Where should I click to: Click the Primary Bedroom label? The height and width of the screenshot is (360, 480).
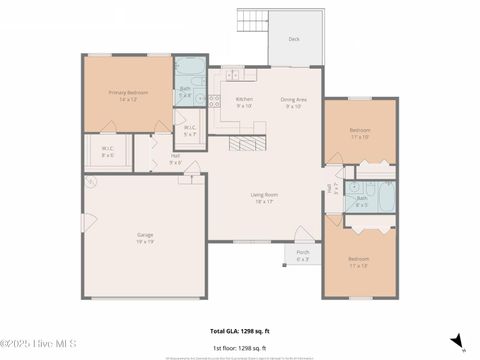tap(128, 96)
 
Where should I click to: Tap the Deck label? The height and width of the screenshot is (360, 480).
tap(294, 40)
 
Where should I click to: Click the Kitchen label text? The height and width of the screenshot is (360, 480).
tap(244, 102)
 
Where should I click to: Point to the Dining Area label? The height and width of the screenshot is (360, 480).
tap(293, 102)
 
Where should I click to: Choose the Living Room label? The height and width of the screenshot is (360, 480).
tap(264, 198)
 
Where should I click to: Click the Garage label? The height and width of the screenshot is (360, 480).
tap(145, 238)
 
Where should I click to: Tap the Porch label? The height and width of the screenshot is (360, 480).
tap(303, 255)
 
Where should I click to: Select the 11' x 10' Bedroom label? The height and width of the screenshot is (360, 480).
tap(360, 134)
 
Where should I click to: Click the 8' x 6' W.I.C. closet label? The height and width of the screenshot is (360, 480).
tap(108, 153)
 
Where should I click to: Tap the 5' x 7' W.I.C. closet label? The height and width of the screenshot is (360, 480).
tap(190, 131)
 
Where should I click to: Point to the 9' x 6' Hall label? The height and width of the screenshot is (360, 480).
tap(175, 158)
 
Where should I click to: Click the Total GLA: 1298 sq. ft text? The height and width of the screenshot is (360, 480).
tap(239, 331)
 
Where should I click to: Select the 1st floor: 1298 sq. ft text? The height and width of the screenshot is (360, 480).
tap(239, 347)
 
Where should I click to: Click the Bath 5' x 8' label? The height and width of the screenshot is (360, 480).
tap(185, 92)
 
